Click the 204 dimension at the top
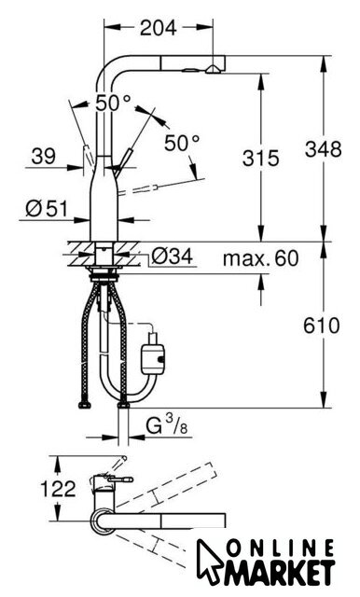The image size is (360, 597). [x=159, y=27]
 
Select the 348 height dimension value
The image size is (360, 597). [x=323, y=149]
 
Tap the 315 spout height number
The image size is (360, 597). [x=261, y=158]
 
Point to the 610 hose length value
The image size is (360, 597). [x=321, y=326]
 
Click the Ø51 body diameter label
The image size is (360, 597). [x=47, y=208]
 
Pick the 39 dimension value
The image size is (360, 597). [x=43, y=156]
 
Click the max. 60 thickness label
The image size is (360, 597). [x=261, y=258]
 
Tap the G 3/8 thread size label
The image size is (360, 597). [x=168, y=425]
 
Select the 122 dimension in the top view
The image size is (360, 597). [x=58, y=489]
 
